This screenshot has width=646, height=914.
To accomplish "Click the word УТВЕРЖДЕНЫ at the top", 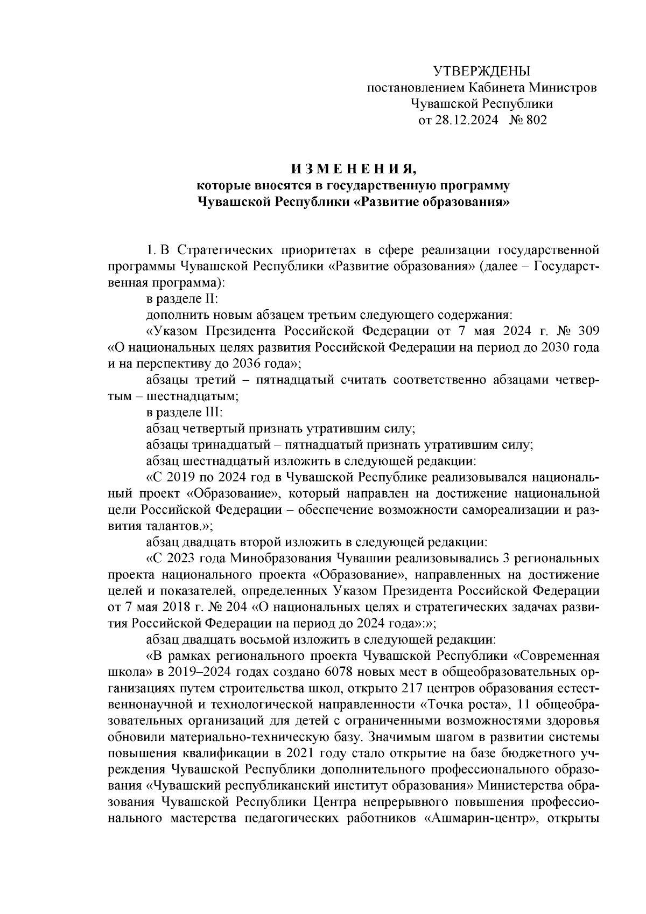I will pyautogui.click(x=482, y=71).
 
